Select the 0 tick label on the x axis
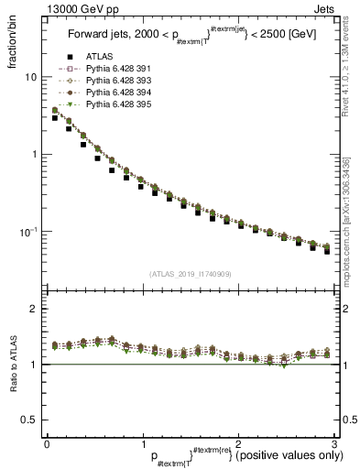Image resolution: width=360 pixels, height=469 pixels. click(47, 444)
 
